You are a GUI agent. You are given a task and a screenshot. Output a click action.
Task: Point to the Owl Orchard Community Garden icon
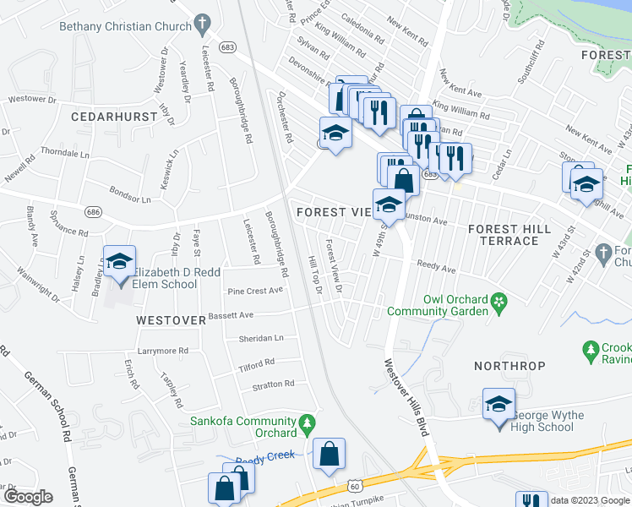499,301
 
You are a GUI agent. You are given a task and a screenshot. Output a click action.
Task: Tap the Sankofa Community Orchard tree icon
308,421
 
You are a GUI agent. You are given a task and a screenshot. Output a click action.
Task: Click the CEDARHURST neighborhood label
110,116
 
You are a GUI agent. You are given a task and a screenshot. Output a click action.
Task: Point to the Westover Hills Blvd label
406,398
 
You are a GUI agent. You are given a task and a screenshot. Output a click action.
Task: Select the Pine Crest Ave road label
255,291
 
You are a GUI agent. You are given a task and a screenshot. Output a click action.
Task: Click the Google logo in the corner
27,497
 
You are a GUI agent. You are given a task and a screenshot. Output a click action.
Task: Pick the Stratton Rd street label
273,383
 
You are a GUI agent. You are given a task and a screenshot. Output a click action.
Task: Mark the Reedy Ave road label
435,270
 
